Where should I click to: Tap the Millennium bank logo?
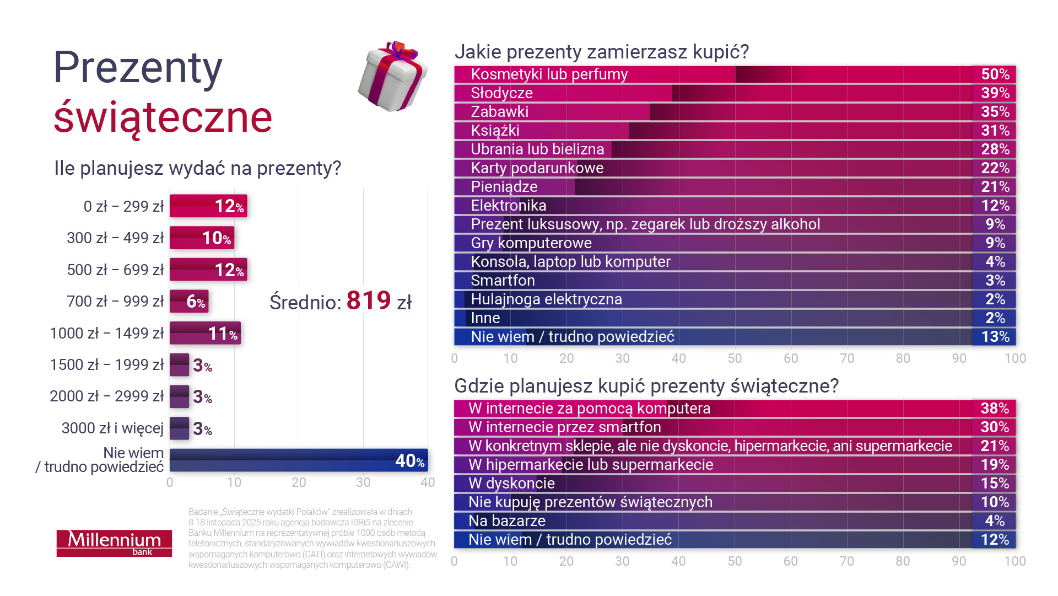tap(114, 543)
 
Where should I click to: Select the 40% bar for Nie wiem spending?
tap(298, 460)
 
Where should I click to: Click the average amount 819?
tap(369, 301)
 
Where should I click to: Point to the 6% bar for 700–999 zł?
tap(189, 302)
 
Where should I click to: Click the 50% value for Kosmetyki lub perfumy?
tap(995, 74)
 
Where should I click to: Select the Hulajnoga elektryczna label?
tap(546, 299)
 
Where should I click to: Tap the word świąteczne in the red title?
tap(163, 117)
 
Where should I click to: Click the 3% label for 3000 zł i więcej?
tap(202, 429)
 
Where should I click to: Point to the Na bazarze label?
tap(506, 521)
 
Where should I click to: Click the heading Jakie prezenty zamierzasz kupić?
tap(601, 52)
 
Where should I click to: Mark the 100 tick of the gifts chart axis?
tap(1014, 358)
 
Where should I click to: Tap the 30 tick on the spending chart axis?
tap(363, 482)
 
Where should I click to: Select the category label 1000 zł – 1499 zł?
tap(107, 334)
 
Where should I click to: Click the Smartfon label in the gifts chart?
tap(503, 281)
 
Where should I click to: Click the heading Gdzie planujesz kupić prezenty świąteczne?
tap(646, 386)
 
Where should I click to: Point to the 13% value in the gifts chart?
tap(995, 337)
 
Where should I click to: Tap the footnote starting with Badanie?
tap(312, 538)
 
